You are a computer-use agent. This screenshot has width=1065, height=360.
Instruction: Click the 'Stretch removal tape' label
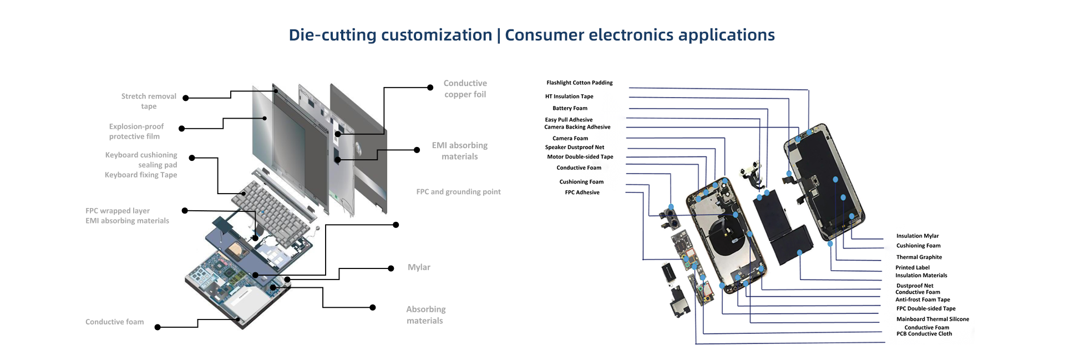(149, 101)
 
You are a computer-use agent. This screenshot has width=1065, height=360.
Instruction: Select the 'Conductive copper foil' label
(465, 89)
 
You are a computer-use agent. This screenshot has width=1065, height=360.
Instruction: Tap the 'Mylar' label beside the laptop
(419, 267)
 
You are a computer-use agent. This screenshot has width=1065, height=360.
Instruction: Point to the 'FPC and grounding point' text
(458, 192)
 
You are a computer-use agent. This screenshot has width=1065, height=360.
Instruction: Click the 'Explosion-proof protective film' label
(136, 131)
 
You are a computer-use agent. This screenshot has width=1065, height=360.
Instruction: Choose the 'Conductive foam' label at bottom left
(114, 322)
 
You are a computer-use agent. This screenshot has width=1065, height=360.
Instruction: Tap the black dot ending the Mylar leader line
(391, 268)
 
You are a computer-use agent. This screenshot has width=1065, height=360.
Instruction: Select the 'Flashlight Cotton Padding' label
(579, 83)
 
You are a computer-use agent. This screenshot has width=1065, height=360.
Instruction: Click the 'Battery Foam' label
(570, 108)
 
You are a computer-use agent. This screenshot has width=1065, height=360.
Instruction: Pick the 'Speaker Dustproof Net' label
(574, 148)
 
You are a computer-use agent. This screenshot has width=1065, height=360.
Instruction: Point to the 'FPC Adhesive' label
(582, 192)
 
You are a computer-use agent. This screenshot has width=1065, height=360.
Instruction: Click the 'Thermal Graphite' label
(919, 257)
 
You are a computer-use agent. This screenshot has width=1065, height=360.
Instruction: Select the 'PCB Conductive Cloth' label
(924, 334)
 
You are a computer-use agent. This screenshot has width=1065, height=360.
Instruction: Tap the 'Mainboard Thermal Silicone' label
(932, 319)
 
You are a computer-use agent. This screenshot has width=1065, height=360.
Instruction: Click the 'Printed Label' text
(912, 267)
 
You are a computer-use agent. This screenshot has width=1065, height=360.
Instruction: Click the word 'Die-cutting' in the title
(332, 35)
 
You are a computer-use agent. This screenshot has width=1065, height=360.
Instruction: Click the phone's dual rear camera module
(670, 219)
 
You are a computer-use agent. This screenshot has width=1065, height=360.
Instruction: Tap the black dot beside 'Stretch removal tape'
(186, 98)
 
